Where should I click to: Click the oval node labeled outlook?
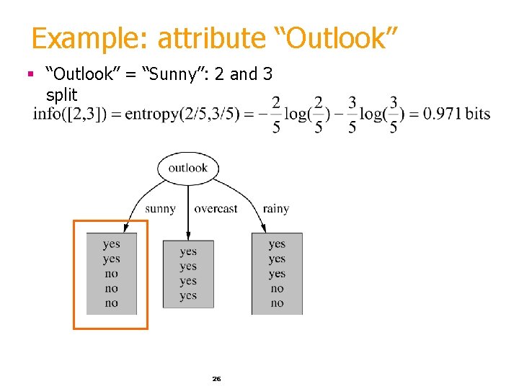click(x=187, y=168)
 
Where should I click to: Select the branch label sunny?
click(x=160, y=209)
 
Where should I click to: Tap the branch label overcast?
click(x=216, y=209)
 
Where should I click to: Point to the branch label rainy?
click(x=275, y=209)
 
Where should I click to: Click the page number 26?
click(x=216, y=378)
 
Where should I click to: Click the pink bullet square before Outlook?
click(x=30, y=73)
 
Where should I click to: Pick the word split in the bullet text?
click(x=61, y=94)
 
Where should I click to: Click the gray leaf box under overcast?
click(x=188, y=274)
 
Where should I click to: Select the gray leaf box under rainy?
click(x=277, y=274)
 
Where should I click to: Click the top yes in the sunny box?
click(x=111, y=244)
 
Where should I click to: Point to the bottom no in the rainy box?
click(x=277, y=303)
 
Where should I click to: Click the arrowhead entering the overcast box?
click(x=188, y=236)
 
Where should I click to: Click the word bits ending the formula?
click(x=478, y=114)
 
